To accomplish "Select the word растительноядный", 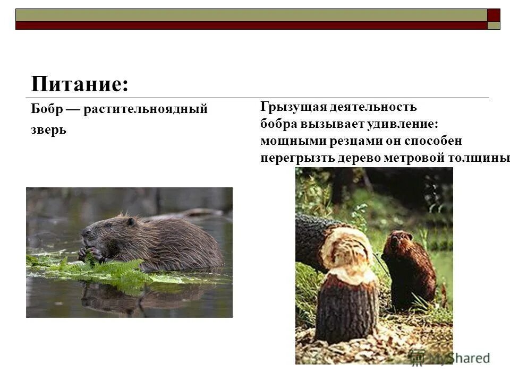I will (145, 109).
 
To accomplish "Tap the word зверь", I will (48, 130).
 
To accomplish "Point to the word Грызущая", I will (292, 107).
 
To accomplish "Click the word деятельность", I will (372, 107).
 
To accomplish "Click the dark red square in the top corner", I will (494, 14).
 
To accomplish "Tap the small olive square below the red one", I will (494, 25).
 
